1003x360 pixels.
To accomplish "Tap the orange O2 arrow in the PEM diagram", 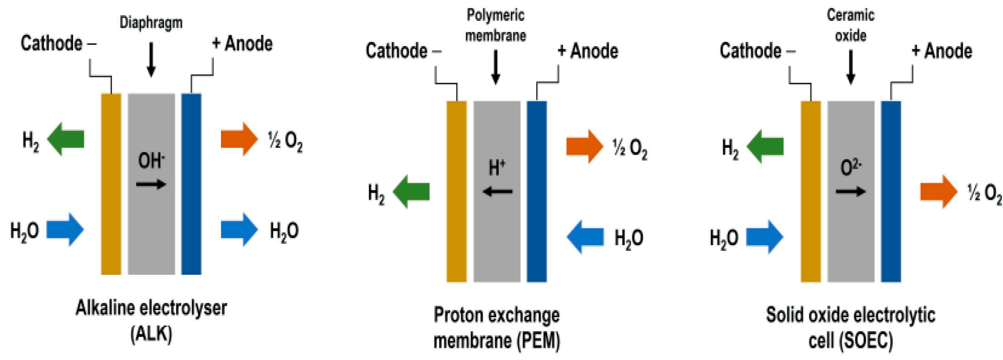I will click(584, 147).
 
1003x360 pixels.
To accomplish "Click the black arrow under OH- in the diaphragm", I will click(151, 184).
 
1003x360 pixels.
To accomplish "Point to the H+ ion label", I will click(497, 168).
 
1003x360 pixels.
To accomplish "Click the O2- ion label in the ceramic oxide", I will click(850, 168).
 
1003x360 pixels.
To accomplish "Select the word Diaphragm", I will click(151, 23).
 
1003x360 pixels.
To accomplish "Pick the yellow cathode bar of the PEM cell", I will click(456, 191).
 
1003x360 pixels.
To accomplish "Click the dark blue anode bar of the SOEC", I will click(891, 191).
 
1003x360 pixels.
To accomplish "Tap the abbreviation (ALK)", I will click(151, 334).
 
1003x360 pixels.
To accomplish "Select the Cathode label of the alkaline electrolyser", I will click(51, 43).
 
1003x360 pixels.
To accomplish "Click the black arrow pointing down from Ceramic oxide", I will click(851, 67).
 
